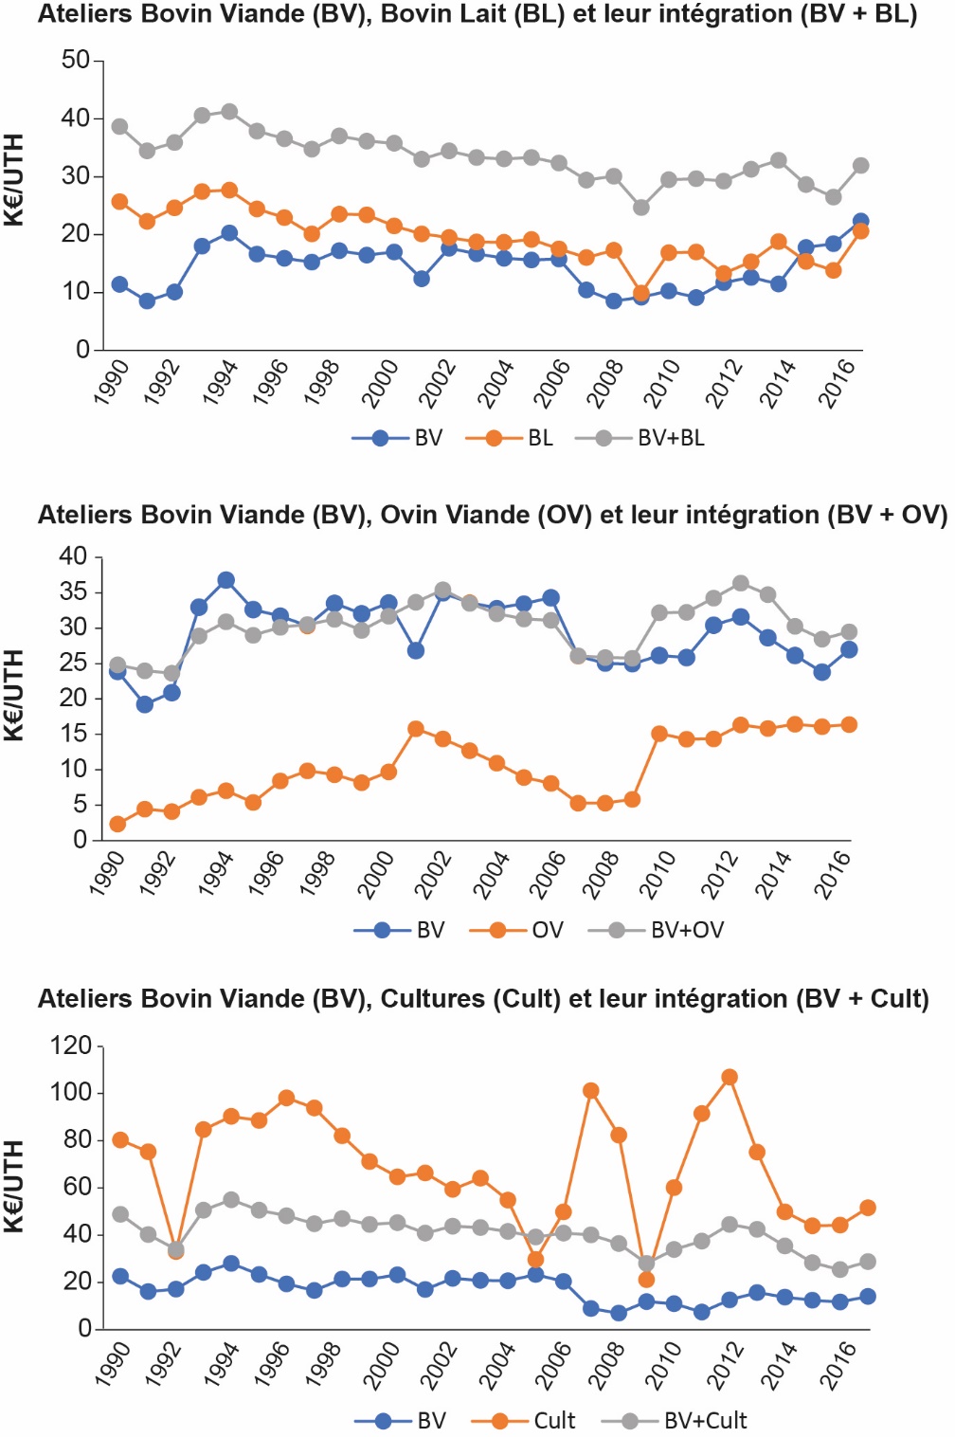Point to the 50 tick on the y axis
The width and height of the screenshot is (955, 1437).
point(75,60)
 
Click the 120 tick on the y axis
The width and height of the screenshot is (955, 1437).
point(70,1046)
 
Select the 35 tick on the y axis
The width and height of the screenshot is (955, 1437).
point(73,591)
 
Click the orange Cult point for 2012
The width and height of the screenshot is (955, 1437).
point(730,1077)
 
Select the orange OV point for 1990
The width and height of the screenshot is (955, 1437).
point(117,824)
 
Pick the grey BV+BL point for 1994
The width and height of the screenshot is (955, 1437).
point(229,112)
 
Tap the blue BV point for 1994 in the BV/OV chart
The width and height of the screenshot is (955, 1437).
point(225,580)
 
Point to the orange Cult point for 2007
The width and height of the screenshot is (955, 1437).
point(591,1091)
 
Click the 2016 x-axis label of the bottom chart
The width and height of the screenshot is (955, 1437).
point(838,1365)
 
